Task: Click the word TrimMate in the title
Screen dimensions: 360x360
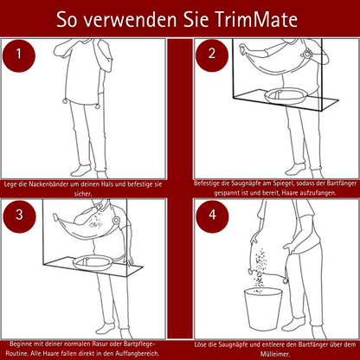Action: [259, 18]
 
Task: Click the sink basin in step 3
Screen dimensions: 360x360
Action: [95, 259]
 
